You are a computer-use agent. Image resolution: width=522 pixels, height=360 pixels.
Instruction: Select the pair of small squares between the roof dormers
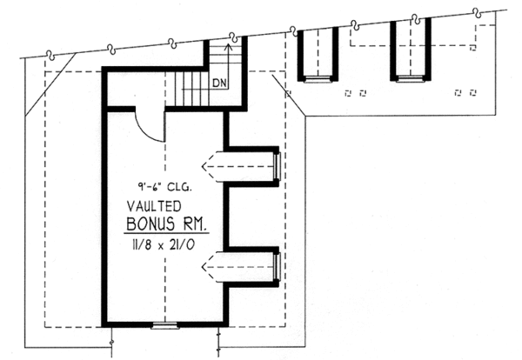tap(356, 90)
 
